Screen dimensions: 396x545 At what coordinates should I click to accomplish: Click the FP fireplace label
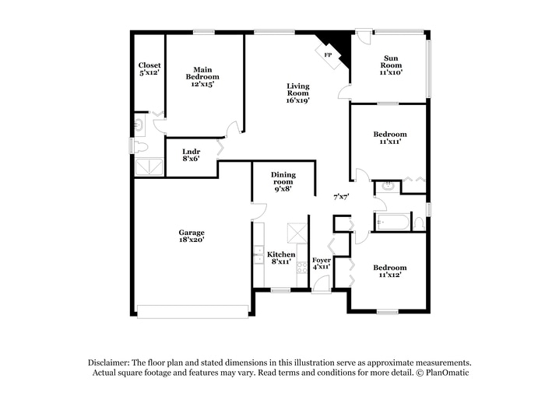(328, 55)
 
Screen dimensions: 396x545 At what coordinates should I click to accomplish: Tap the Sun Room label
(390, 64)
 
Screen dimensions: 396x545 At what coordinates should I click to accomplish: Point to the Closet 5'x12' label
(149, 69)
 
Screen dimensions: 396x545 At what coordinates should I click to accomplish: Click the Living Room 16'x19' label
(297, 93)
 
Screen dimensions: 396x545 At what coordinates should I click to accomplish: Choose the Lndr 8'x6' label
(191, 155)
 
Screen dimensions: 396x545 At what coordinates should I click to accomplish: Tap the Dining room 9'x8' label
(283, 182)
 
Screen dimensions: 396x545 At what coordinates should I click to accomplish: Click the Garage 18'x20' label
(192, 237)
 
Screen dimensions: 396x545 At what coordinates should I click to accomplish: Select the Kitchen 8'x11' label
(280, 258)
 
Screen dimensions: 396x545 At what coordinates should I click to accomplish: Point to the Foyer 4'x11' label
(322, 263)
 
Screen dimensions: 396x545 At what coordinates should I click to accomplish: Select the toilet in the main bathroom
(140, 145)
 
